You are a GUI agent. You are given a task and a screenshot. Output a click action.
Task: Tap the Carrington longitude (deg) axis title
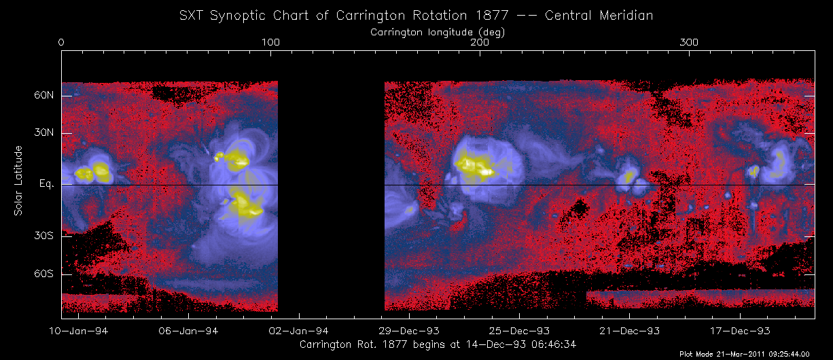(x=438, y=32)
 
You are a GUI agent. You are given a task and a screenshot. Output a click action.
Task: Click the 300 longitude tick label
(x=690, y=43)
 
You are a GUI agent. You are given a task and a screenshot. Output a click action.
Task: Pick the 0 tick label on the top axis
(x=61, y=43)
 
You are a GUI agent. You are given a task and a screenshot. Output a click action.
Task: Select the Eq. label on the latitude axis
(x=47, y=185)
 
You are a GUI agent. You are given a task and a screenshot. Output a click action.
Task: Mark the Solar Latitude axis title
(x=18, y=181)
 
